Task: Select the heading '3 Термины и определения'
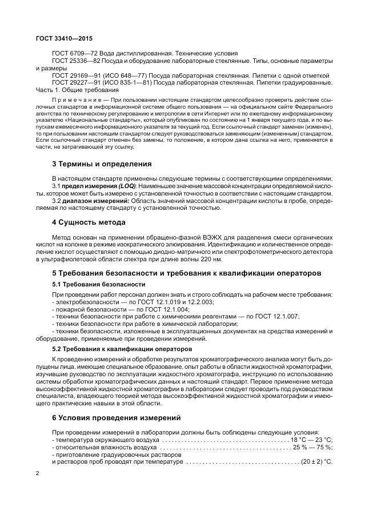(101, 164)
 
